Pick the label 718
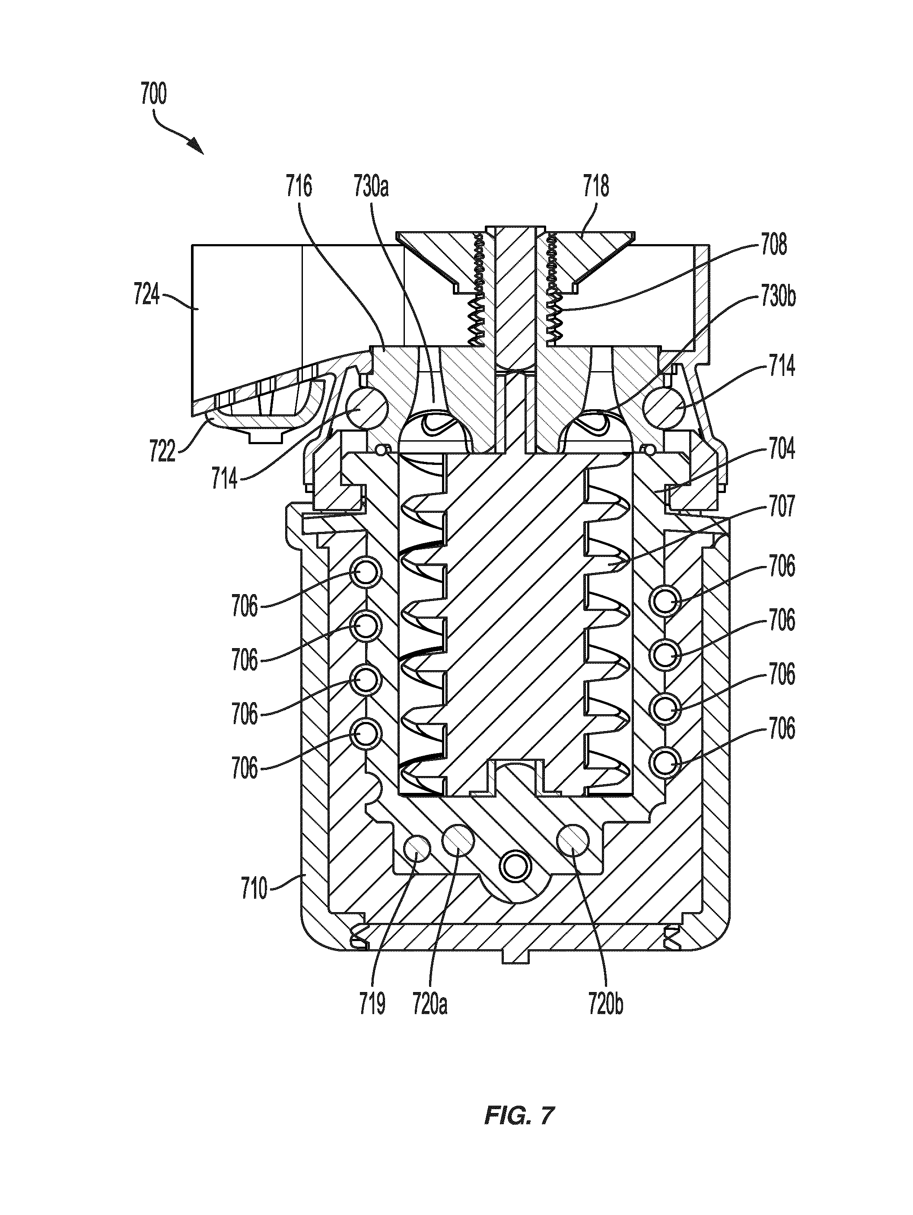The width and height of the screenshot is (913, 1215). pyautogui.click(x=596, y=186)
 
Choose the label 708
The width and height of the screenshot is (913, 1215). pyautogui.click(x=773, y=245)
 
